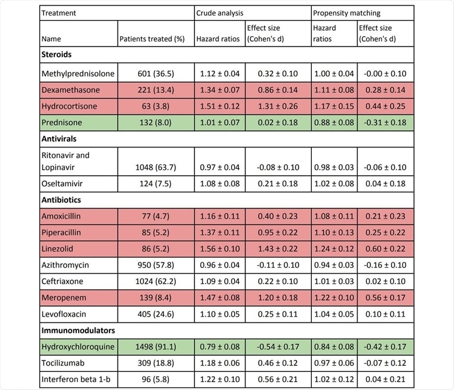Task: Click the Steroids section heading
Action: [x=57, y=54]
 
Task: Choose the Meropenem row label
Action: [x=62, y=281]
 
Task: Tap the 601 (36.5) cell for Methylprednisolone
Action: [x=156, y=74]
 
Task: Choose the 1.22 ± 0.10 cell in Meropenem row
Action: [x=334, y=281]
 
